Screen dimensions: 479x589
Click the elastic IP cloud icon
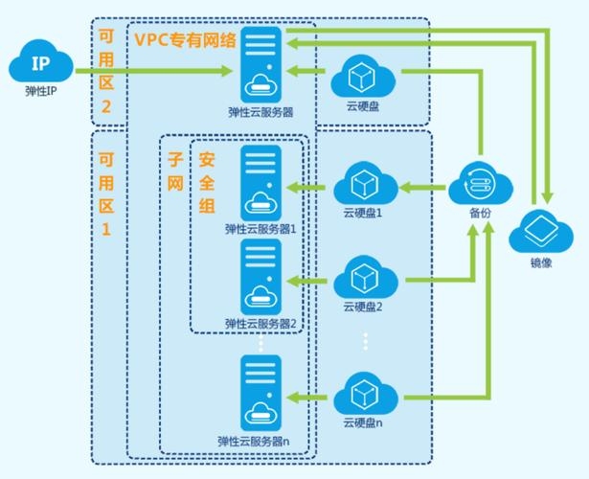(x=40, y=65)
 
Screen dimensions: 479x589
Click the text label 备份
(x=480, y=213)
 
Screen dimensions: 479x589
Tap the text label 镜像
(x=541, y=262)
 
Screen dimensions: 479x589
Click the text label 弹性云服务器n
(x=261, y=442)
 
